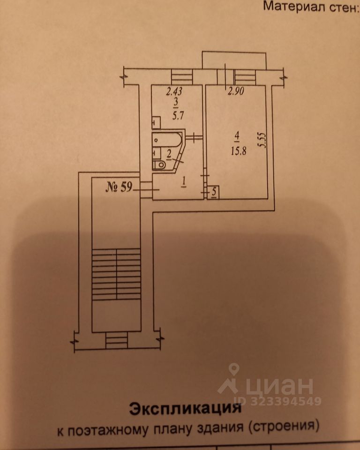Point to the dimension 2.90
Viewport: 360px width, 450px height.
pyautogui.click(x=236, y=92)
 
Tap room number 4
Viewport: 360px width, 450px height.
pyautogui.click(x=237, y=135)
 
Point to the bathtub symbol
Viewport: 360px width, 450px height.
pyautogui.click(x=167, y=140)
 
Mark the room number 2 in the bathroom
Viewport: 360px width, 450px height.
pyautogui.click(x=169, y=153)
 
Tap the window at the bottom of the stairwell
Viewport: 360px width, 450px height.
pyautogui.click(x=116, y=339)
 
